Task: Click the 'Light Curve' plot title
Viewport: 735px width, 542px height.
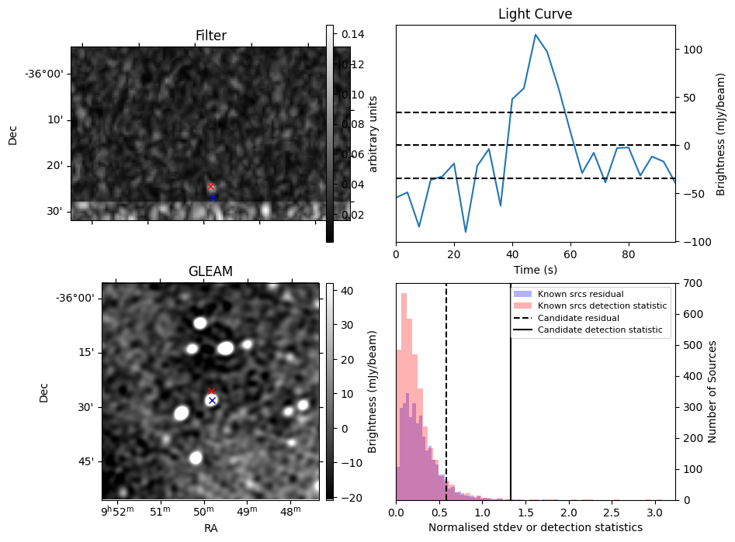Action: [535, 14]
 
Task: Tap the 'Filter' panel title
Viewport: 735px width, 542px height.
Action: [210, 36]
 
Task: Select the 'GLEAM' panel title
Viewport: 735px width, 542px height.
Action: [210, 271]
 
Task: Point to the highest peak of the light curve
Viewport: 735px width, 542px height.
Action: [536, 34]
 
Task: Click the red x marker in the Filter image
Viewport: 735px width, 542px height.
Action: [210, 187]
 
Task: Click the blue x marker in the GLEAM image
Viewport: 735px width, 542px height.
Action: [212, 401]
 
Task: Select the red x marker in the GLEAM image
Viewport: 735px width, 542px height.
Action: [211, 392]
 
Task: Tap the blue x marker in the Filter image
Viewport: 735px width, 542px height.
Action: [213, 198]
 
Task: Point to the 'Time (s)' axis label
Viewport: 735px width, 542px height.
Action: [535, 270]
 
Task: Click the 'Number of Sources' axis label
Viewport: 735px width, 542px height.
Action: [712, 391]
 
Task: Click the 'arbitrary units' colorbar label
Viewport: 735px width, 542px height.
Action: [373, 133]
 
